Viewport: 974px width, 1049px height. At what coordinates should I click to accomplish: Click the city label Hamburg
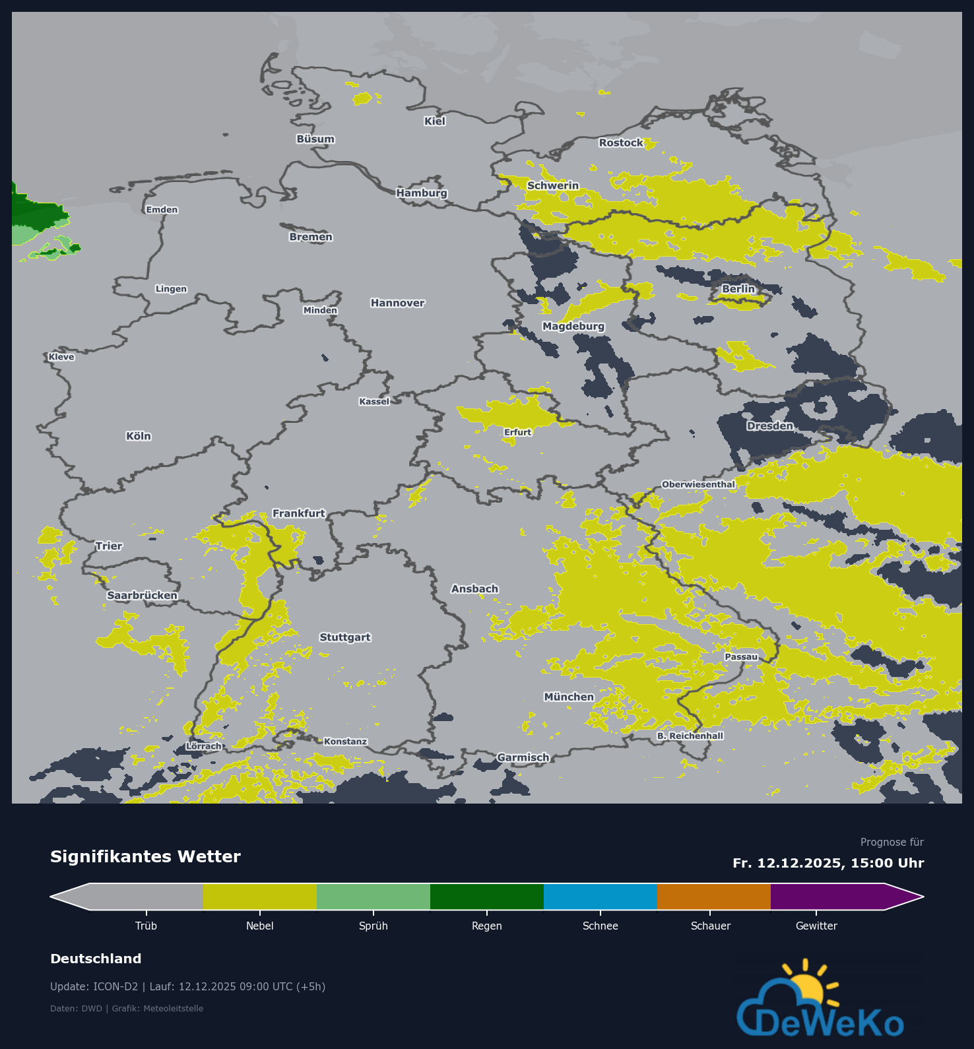pos(422,193)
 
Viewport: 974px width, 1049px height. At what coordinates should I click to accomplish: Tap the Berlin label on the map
pos(738,289)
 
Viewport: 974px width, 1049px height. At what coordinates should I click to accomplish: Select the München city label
pos(569,697)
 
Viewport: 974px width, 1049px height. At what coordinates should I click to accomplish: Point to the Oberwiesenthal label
pos(698,484)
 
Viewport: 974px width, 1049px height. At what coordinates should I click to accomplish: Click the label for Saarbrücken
pos(142,595)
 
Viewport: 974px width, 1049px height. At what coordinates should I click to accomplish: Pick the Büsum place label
pos(315,139)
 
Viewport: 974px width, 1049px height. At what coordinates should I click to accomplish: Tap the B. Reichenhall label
pos(690,736)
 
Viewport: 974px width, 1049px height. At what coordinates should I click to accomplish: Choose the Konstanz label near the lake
pos(345,742)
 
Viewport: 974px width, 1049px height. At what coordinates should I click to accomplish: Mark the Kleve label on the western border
pos(61,357)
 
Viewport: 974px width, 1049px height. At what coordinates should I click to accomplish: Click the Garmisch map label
pos(523,757)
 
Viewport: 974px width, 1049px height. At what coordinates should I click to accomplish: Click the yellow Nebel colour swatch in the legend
pos(259,897)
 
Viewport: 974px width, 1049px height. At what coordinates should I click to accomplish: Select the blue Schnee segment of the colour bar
pos(600,897)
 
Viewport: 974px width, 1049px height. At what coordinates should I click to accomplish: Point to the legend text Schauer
pos(710,926)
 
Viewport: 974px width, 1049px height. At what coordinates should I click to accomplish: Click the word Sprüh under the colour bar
pos(373,926)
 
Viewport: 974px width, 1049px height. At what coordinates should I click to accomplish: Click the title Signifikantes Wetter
pos(145,856)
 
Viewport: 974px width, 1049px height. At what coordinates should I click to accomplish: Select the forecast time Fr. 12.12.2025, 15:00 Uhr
pos(828,863)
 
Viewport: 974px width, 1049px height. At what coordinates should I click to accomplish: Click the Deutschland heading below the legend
pos(96,959)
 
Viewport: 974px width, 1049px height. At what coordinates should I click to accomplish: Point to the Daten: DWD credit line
pos(127,1008)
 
